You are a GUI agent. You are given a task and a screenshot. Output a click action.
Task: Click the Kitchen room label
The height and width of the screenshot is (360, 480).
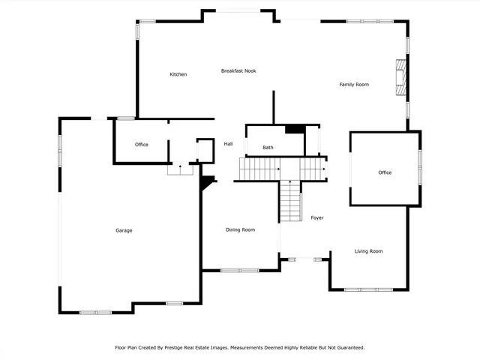point(178,74)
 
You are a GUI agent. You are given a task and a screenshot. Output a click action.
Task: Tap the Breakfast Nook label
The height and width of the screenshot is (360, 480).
point(238,70)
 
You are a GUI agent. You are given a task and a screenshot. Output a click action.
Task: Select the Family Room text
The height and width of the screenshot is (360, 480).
point(354,85)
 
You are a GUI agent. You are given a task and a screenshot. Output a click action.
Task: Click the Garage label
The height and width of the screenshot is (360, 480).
point(124,230)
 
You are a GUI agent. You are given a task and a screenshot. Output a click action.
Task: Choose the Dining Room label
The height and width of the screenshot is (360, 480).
point(240,229)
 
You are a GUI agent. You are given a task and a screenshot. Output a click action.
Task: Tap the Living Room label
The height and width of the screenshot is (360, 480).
point(368,251)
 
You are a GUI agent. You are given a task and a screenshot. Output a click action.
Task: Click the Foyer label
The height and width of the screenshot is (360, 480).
point(317,217)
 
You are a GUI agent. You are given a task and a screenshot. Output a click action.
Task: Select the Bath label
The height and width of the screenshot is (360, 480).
point(268,148)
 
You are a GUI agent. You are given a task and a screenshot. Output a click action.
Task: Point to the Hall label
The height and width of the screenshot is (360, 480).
point(229,144)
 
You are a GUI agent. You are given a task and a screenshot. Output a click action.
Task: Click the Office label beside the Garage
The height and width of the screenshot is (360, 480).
point(141,145)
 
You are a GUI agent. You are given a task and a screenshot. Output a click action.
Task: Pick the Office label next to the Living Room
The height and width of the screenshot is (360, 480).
point(384,172)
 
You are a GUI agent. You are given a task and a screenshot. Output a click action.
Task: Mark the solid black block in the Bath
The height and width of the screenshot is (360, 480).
point(295,128)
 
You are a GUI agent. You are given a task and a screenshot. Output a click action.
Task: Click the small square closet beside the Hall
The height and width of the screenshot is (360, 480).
point(205,149)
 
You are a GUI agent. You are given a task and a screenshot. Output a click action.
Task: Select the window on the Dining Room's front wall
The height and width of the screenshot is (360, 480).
point(239,270)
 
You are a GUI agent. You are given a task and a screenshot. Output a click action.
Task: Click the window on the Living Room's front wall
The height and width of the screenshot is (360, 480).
point(368,289)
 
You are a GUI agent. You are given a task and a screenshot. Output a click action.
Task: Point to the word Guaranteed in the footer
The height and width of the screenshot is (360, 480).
point(348,347)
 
